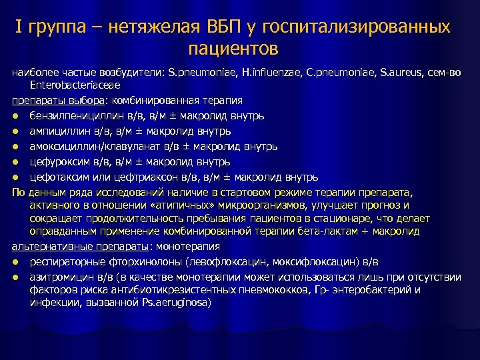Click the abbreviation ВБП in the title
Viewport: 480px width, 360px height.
tap(221, 27)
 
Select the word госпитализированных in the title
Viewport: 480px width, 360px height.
tap(357, 27)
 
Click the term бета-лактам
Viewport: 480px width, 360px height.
tap(341, 231)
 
